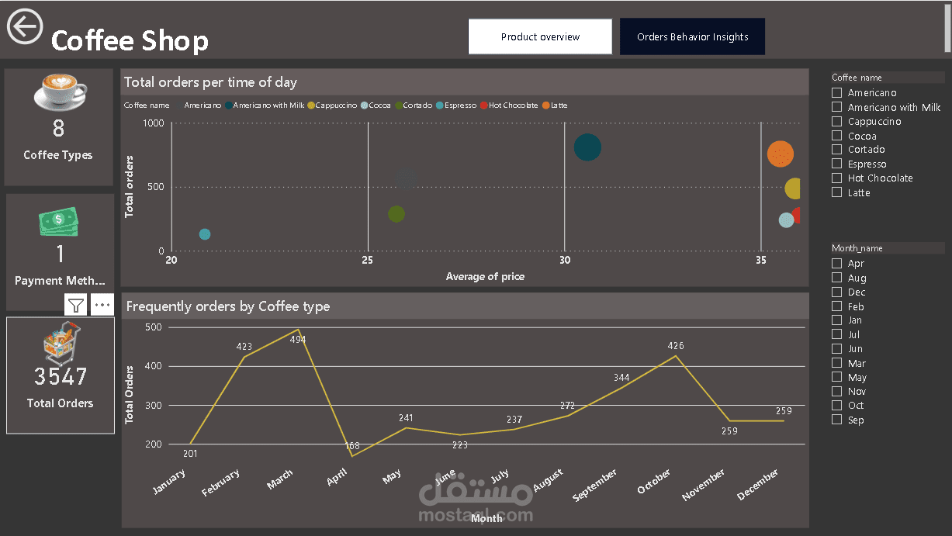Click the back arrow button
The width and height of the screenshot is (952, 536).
[25, 26]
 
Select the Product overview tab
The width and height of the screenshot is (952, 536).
[540, 36]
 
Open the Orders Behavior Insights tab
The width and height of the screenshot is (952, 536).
[692, 36]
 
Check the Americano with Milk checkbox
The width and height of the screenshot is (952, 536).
[836, 107]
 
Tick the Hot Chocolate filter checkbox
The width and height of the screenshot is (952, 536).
[836, 178]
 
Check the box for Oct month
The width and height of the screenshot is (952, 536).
[836, 405]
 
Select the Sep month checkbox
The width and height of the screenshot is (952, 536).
[836, 420]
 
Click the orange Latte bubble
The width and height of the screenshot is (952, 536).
[781, 154]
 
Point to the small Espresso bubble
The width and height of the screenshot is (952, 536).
[205, 234]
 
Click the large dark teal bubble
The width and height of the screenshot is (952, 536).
[587, 147]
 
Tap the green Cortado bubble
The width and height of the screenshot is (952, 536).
[396, 214]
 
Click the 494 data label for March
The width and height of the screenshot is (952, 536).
[298, 339]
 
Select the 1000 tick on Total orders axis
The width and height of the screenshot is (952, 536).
[153, 123]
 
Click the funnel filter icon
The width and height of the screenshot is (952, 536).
[75, 305]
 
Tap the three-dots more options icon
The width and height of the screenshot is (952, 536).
[102, 305]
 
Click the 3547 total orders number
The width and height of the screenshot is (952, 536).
[60, 377]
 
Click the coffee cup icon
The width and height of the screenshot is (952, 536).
[59, 92]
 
